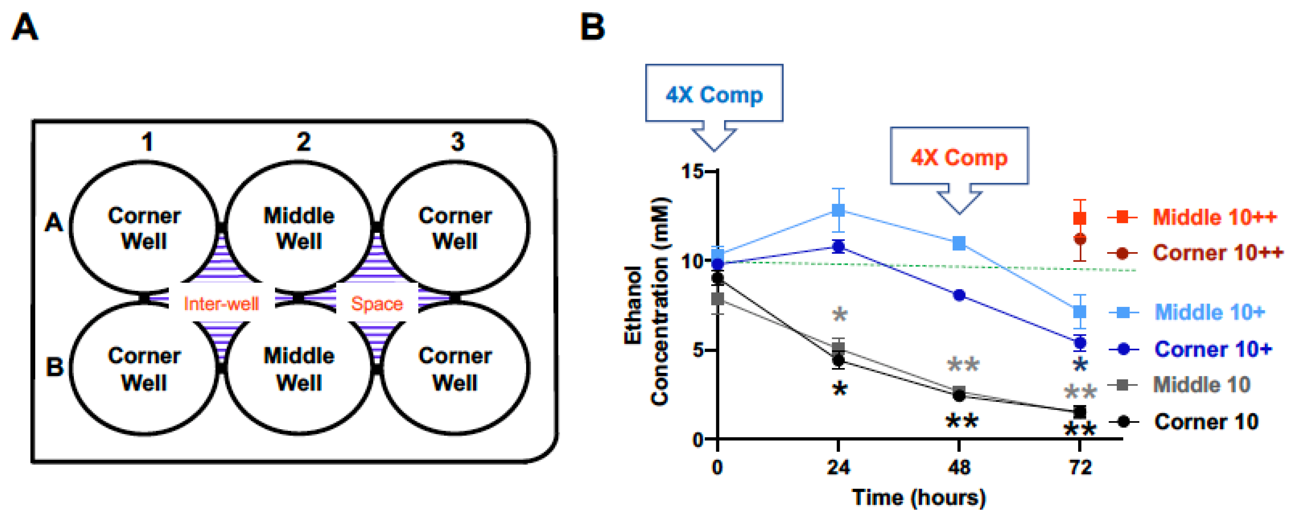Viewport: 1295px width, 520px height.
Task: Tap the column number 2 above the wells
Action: pos(303,142)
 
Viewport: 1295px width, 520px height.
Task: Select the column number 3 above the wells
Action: pos(457,142)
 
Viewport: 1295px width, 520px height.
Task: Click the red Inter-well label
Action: pos(221,304)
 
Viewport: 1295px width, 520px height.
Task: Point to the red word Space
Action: pos(377,304)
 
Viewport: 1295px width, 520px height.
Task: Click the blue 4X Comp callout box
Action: pos(714,93)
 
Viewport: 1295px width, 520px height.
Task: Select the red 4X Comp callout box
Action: pos(959,156)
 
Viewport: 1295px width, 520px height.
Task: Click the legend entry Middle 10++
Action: pos(1214,217)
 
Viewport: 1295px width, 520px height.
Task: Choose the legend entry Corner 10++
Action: pos(1217,252)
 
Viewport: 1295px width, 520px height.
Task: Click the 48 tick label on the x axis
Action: pos(959,468)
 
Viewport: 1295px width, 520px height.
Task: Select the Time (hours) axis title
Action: pos(918,497)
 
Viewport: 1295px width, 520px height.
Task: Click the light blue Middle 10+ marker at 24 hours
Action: pos(838,210)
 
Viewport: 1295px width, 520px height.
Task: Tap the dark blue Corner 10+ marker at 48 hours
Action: pos(959,295)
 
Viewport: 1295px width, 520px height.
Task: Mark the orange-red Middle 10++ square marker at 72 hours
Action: pos(1079,218)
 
